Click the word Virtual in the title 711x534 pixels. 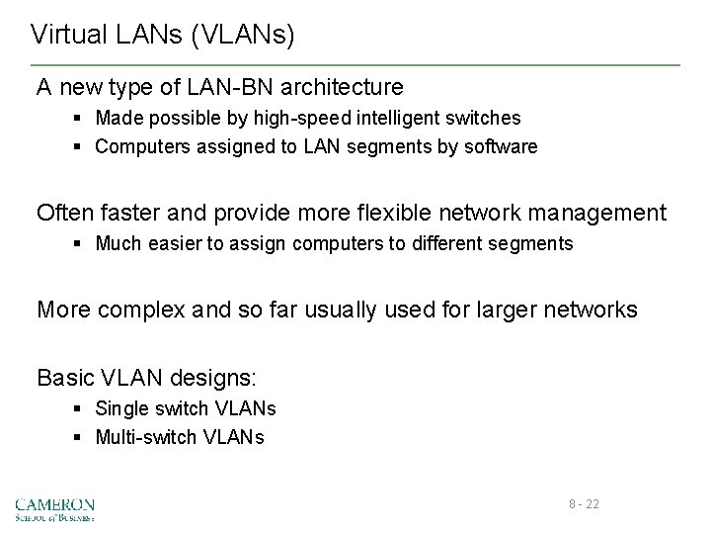click(64, 36)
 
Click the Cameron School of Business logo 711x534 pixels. click(55, 508)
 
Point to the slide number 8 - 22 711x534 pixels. click(584, 504)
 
